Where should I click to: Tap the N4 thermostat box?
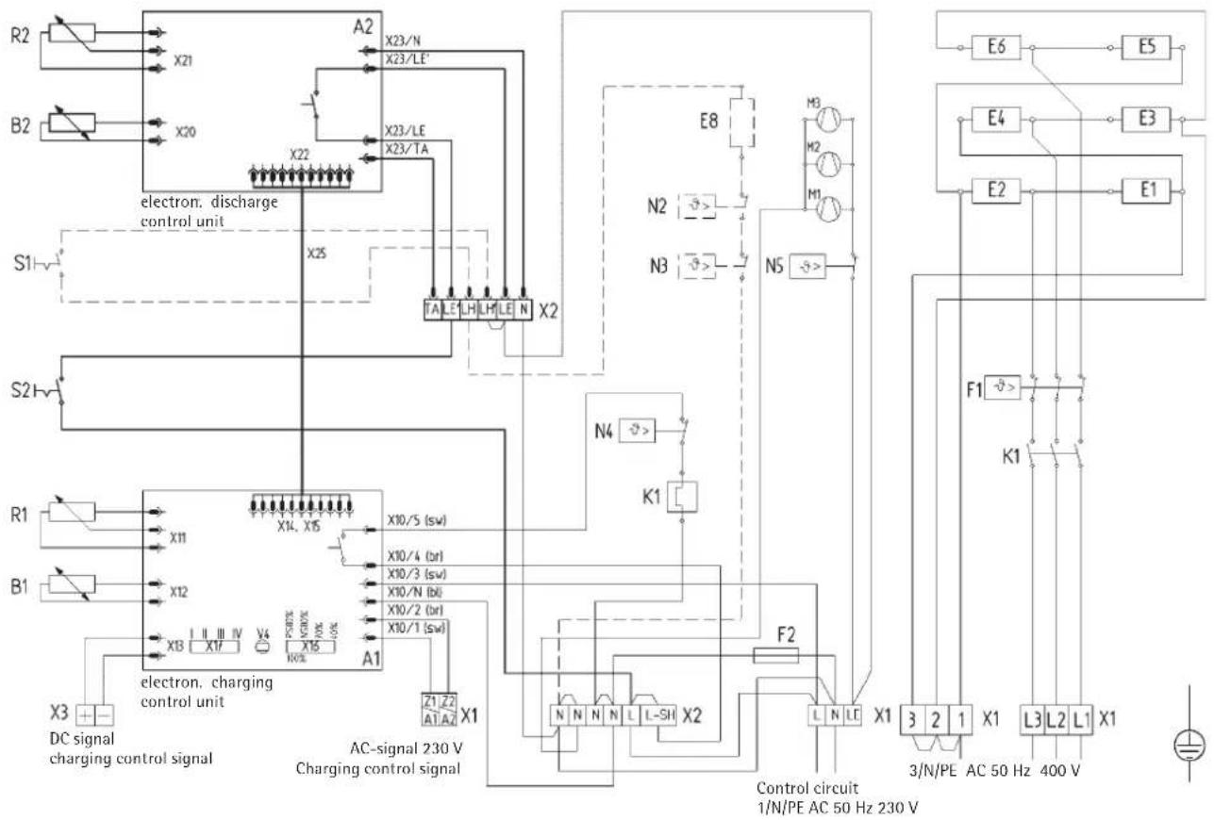(640, 431)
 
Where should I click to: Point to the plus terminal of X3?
(89, 714)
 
